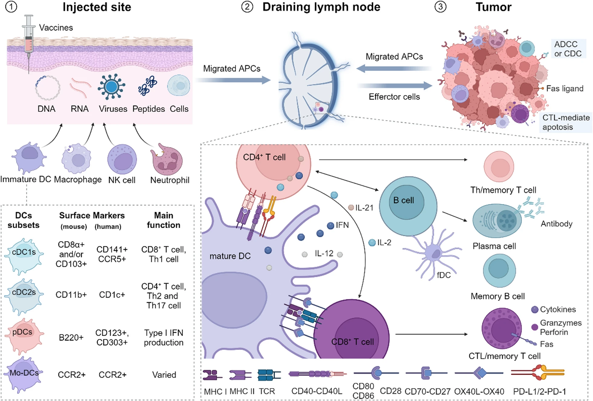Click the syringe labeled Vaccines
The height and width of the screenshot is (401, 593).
click(29, 42)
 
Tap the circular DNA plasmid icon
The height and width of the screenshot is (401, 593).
click(48, 88)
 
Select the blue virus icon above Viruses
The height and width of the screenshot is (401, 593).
click(111, 87)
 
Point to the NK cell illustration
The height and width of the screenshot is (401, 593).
click(122, 159)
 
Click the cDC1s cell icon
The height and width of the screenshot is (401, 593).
click(24, 256)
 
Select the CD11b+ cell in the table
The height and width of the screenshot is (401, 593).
click(71, 295)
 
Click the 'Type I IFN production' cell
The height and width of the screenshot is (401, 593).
click(164, 337)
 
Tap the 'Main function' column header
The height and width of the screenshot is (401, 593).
click(163, 220)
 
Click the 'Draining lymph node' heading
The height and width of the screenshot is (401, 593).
click(321, 7)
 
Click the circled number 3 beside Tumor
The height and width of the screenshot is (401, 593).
click(441, 7)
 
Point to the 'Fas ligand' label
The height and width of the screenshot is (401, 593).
click(565, 89)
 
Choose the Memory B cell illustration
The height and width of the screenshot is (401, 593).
click(499, 270)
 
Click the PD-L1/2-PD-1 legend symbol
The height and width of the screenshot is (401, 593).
click(538, 373)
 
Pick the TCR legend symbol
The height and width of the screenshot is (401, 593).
click(269, 375)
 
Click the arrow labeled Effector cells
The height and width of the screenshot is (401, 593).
click(395, 86)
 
